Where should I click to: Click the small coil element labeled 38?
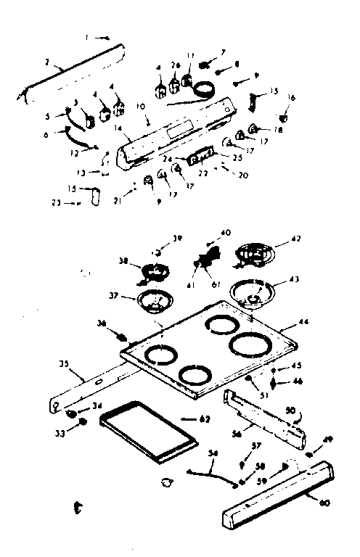click(153, 271)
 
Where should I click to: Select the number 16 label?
click(292, 96)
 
